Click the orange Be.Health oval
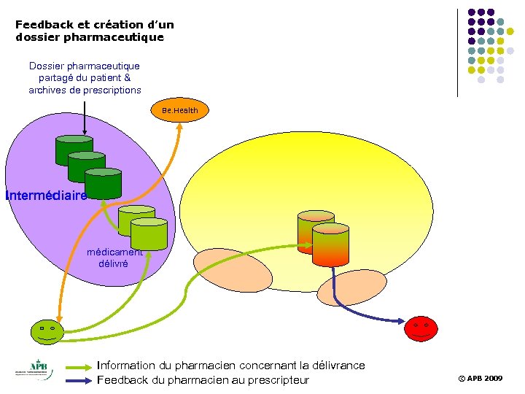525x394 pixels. (x=180, y=110)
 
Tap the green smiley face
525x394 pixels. (x=47, y=332)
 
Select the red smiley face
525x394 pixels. (x=421, y=328)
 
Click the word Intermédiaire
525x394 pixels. (x=46, y=196)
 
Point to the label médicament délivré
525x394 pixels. (x=114, y=258)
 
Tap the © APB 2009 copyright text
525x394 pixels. (x=480, y=379)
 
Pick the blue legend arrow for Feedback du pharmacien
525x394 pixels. (x=79, y=381)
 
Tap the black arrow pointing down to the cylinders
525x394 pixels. (x=85, y=117)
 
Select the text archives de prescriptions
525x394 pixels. (x=85, y=90)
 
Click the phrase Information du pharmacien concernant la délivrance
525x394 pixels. (x=230, y=365)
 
